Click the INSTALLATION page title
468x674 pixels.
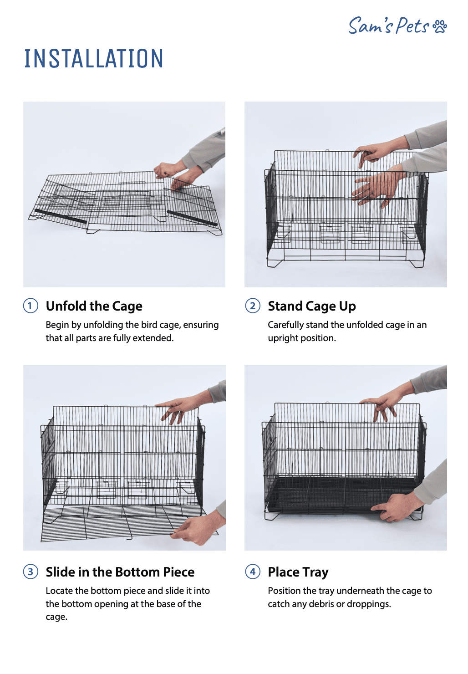[x=93, y=58]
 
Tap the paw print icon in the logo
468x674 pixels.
[x=439, y=26]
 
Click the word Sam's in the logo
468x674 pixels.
[x=371, y=26]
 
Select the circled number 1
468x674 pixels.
[x=31, y=306]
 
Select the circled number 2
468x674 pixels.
[x=253, y=306]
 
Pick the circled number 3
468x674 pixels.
[x=31, y=572]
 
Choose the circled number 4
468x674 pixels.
[x=253, y=572]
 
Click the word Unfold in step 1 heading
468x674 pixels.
[x=66, y=306]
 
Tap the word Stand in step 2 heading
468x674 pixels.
[x=285, y=306]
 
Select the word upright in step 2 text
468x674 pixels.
[x=283, y=338]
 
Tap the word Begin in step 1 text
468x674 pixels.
[x=57, y=325]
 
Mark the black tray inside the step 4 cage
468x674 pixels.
[x=343, y=494]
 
